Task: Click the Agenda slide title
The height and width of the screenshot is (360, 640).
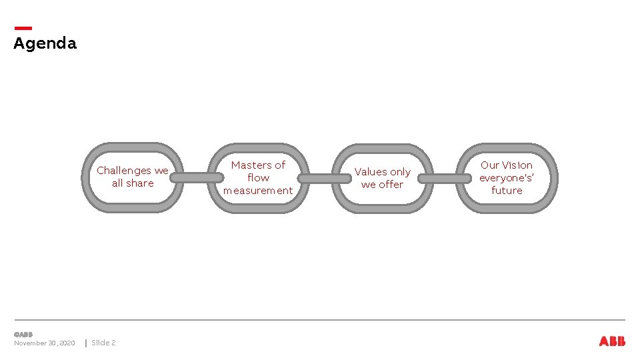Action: click(45, 44)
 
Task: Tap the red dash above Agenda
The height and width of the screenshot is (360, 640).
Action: click(23, 28)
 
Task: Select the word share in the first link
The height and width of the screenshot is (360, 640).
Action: click(140, 183)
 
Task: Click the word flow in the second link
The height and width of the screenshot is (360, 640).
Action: click(258, 178)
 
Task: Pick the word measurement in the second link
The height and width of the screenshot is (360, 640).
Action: click(258, 191)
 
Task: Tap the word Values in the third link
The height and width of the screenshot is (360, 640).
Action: click(371, 172)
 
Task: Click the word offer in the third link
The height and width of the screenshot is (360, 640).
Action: click(391, 185)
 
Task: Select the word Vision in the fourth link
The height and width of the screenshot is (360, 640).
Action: click(517, 165)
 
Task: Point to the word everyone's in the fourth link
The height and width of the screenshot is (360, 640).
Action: click(506, 178)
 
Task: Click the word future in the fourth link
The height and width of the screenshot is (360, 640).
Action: click(507, 191)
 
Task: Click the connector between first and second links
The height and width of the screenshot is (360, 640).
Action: click(202, 177)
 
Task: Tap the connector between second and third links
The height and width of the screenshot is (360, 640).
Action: click(324, 179)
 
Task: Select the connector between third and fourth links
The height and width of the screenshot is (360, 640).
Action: click(445, 179)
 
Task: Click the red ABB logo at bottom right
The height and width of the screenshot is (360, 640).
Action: click(612, 341)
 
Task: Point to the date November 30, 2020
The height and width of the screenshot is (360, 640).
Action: click(44, 343)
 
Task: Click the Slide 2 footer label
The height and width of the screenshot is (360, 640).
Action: click(103, 343)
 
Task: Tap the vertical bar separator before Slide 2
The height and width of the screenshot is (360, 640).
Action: click(85, 343)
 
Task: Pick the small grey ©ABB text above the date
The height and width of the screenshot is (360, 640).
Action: click(23, 334)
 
